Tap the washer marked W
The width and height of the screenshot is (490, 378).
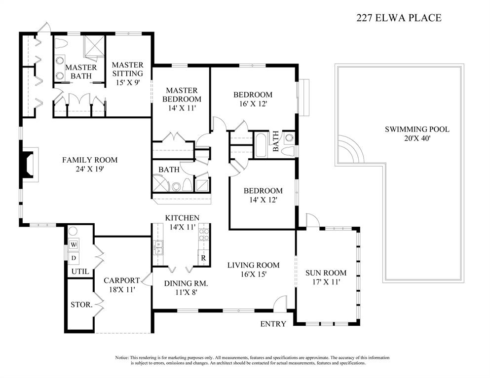pos(74,244)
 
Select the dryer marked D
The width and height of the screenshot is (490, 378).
pos(74,258)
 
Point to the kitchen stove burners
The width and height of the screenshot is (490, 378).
pos(204,235)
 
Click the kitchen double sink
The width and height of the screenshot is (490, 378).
pos(158,247)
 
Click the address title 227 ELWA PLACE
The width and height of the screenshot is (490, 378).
pos(399,18)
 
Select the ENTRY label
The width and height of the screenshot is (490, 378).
pos(273,324)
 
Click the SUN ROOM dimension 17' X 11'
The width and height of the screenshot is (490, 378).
pos(326,282)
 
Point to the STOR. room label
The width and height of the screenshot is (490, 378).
pos(81,305)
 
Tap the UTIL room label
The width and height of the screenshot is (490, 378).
pos(80,272)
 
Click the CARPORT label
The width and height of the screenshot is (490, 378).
pos(121,280)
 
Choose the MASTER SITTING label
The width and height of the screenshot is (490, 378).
pos(127,69)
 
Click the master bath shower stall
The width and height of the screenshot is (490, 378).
pos(94,46)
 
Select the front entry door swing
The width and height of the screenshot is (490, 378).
pos(280,303)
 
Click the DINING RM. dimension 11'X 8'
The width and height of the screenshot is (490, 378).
pos(186,292)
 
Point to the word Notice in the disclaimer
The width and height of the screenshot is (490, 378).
pos(121,358)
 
